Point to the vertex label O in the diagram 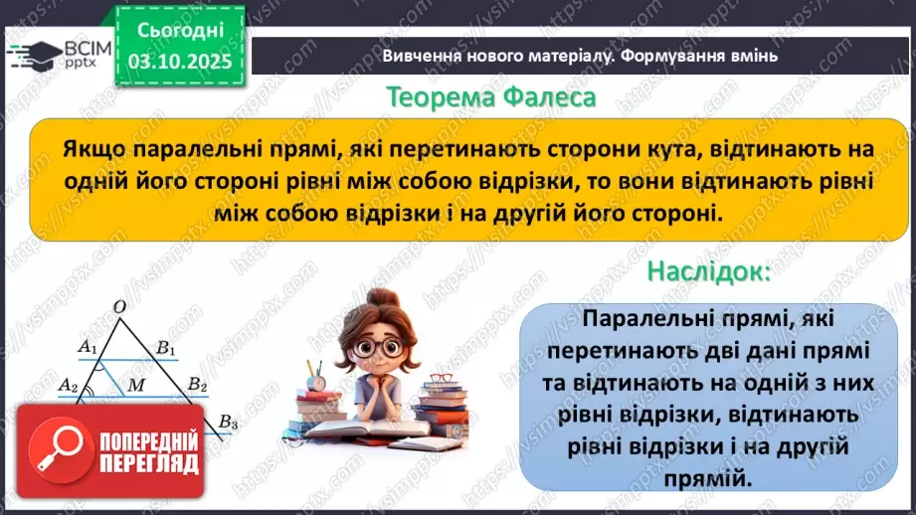tap(119, 308)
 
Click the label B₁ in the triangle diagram tap(165, 347)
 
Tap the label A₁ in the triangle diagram tap(88, 347)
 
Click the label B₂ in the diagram tap(197, 385)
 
